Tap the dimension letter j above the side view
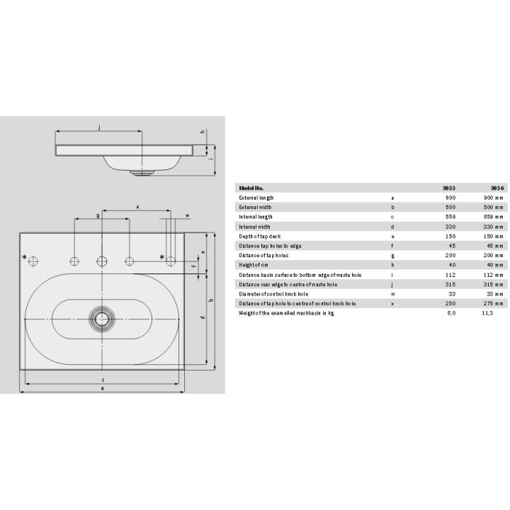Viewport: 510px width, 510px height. [x=99, y=127]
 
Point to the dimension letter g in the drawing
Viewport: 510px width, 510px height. [x=98, y=215]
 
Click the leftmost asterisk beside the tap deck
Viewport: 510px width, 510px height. [x=23, y=256]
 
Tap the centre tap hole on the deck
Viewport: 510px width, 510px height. [x=102, y=261]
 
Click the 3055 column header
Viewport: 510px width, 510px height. [x=449, y=188]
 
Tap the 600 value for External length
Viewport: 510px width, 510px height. [x=450, y=198]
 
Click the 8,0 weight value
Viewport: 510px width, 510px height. [x=450, y=312]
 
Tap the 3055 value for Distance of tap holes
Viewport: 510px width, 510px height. [x=450, y=255]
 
